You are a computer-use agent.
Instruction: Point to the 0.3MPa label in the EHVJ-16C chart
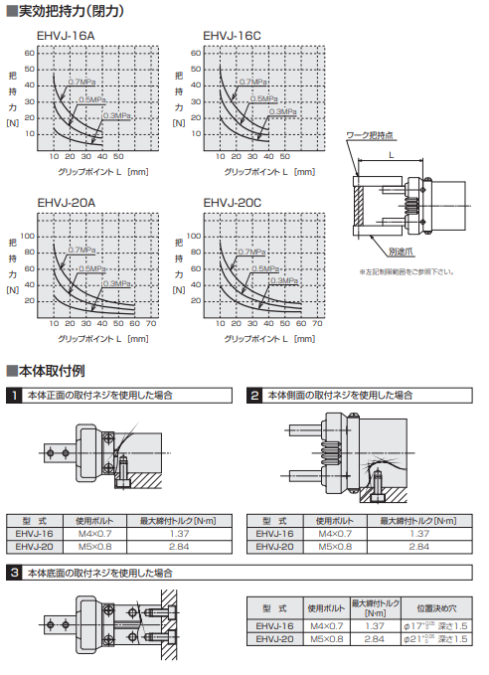pyautogui.click(x=283, y=112)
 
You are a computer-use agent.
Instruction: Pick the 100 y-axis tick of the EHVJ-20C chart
pyautogui.click(x=195, y=236)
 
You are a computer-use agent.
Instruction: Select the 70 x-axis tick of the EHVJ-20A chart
pyautogui.click(x=151, y=324)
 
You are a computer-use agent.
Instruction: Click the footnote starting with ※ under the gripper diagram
pyautogui.click(x=407, y=271)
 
